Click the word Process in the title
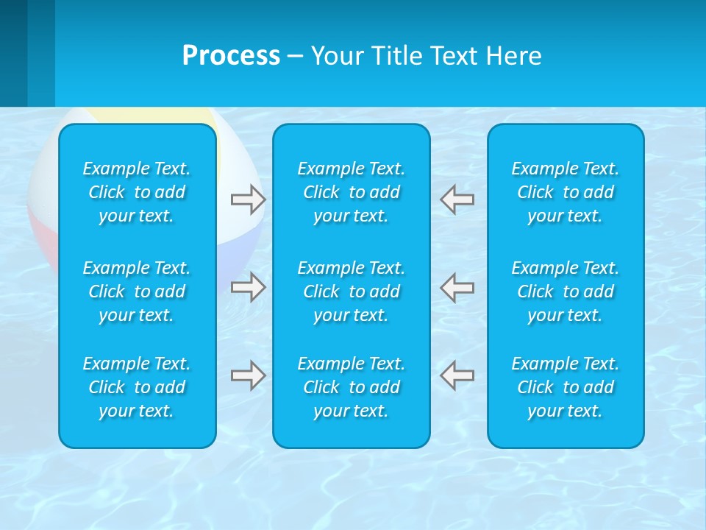(x=231, y=56)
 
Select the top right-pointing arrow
(x=248, y=199)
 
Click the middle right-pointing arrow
(x=248, y=287)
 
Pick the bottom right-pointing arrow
(x=248, y=375)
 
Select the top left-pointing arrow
(x=457, y=199)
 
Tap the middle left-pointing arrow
(x=457, y=287)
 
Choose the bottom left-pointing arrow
(x=457, y=375)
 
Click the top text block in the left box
(x=137, y=192)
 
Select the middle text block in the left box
(x=137, y=291)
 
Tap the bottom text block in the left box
(x=137, y=387)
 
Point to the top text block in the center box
(x=352, y=192)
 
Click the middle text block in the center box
(x=352, y=291)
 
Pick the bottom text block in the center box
(x=352, y=387)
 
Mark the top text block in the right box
(x=566, y=192)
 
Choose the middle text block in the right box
(x=566, y=291)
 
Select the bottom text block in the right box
(x=566, y=387)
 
